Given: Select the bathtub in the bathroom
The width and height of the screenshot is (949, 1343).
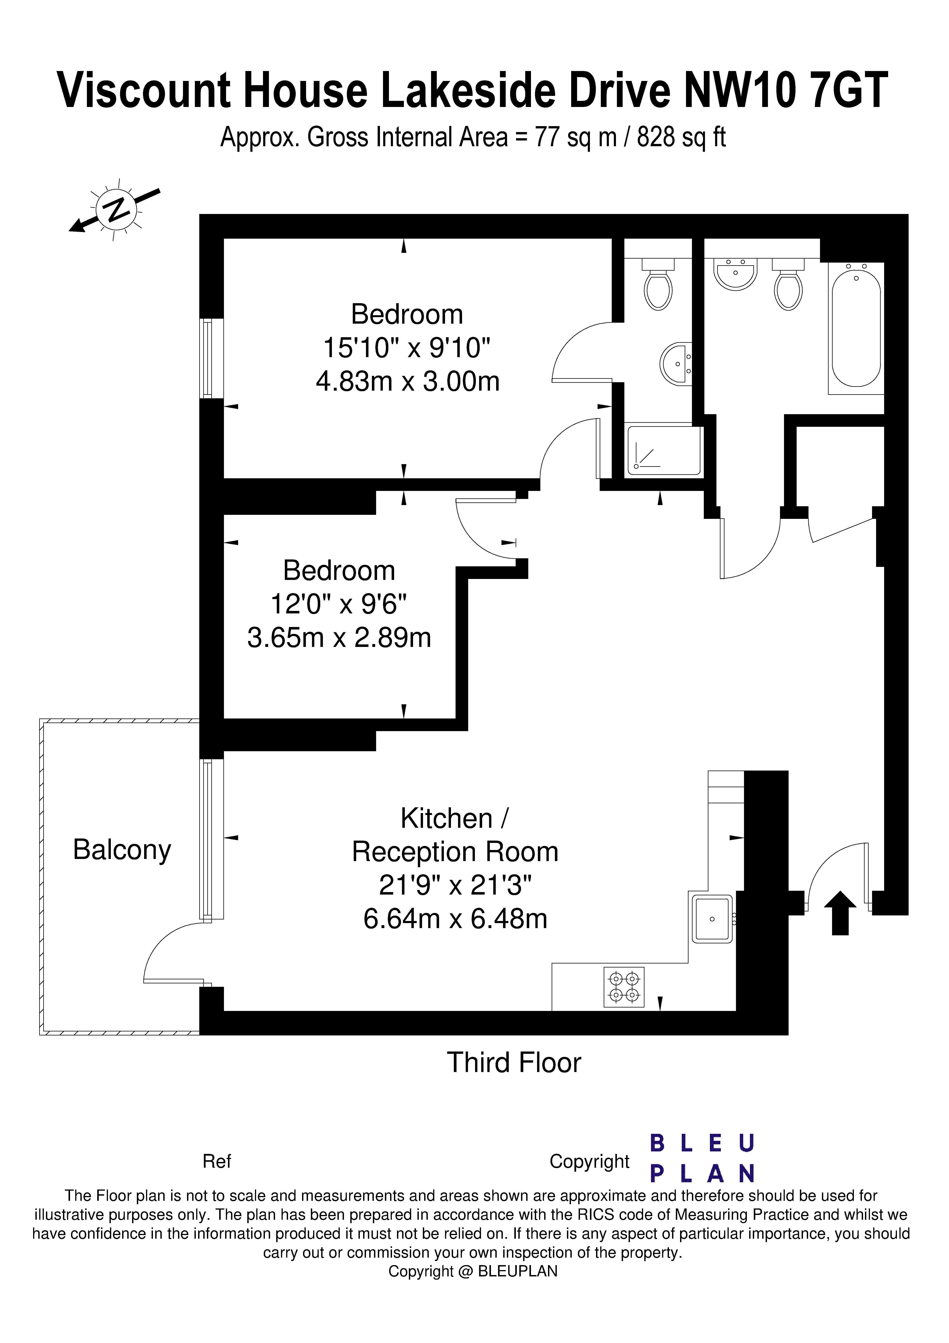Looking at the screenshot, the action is [x=855, y=326].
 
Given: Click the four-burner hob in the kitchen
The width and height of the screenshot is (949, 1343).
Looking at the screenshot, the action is [x=624, y=987].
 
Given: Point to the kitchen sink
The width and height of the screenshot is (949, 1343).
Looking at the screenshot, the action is [x=712, y=919].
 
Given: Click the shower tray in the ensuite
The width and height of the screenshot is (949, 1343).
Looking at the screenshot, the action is [x=663, y=450].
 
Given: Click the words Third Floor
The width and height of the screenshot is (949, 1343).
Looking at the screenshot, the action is [x=514, y=1063].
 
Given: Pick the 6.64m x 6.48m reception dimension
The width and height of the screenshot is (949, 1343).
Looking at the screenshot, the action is [x=455, y=919].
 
